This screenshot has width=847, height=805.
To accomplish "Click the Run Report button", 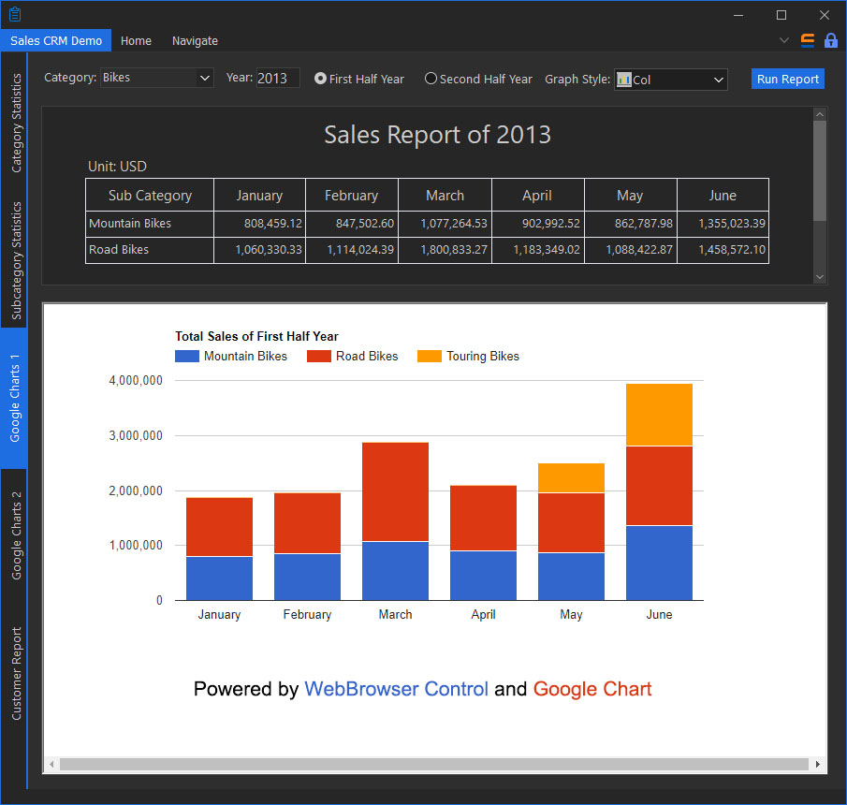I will click(x=787, y=80).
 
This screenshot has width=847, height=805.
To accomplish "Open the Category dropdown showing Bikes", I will click(x=157, y=79).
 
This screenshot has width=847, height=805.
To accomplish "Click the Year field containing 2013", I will click(x=277, y=79).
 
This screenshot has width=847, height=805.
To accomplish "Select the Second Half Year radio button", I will click(x=431, y=80).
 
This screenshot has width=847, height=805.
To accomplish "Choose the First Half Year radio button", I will click(x=320, y=80).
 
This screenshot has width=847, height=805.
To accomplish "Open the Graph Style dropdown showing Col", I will click(x=670, y=80).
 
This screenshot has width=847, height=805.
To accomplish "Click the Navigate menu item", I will click(x=195, y=41).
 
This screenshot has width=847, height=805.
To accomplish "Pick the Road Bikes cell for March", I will click(x=445, y=250).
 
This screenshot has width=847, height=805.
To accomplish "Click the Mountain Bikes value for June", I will click(x=723, y=224).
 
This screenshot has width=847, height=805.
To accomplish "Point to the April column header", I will click(x=537, y=196).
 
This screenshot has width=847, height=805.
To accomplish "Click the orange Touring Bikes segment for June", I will click(x=659, y=415).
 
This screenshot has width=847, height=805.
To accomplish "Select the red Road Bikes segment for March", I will click(x=395, y=491).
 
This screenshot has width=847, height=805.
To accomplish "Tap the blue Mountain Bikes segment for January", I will click(x=219, y=578).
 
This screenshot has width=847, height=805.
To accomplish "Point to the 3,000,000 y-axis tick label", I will click(x=136, y=436).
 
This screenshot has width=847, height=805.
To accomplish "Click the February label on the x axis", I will click(x=307, y=615).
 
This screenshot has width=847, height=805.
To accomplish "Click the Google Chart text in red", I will click(x=592, y=690).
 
